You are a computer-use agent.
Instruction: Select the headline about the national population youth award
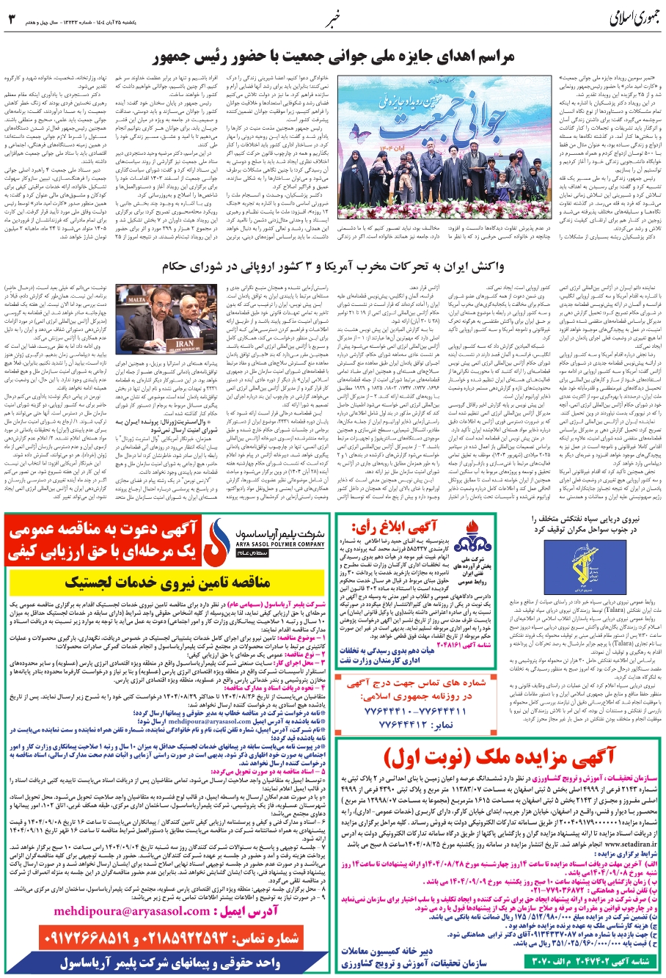point(333,56)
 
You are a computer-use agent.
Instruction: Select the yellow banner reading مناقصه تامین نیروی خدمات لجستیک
point(164,584)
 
